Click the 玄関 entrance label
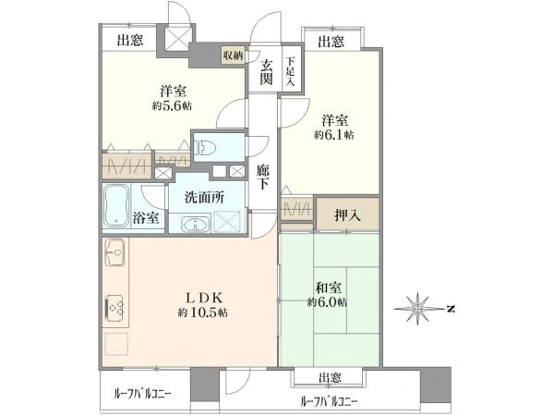(267, 72)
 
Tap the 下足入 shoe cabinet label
(290, 71)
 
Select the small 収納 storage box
(233, 55)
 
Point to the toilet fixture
(205, 148)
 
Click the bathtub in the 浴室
(116, 205)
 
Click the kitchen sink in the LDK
(114, 253)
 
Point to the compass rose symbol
(418, 309)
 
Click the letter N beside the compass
(451, 309)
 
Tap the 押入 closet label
(348, 214)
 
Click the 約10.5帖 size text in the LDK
(203, 312)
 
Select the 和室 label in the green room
(328, 288)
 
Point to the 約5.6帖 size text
(172, 105)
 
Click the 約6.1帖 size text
(334, 135)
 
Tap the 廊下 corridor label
(262, 177)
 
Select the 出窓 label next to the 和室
(330, 378)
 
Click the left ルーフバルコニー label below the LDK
(142, 394)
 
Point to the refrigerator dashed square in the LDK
(116, 344)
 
